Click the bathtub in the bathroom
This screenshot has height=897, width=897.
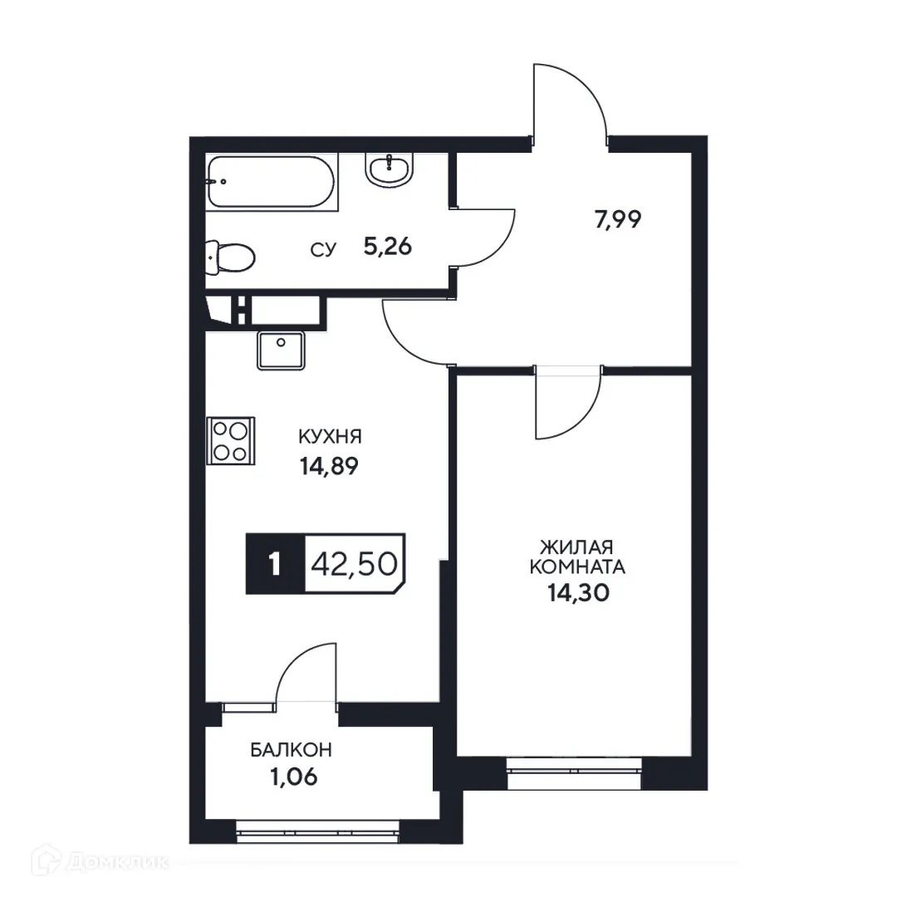pyautogui.click(x=271, y=182)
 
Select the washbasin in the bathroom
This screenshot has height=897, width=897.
pyautogui.click(x=388, y=169)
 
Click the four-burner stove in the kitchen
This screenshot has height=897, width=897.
pyautogui.click(x=230, y=440)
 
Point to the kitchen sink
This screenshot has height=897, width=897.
pyautogui.click(x=281, y=350)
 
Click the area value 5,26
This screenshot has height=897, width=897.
pyautogui.click(x=387, y=247)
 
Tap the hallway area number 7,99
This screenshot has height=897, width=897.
pyautogui.click(x=618, y=220)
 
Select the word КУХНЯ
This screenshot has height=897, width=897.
pyautogui.click(x=330, y=438)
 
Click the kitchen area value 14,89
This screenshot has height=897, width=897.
pyautogui.click(x=329, y=466)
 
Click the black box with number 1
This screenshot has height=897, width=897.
pyautogui.click(x=275, y=565)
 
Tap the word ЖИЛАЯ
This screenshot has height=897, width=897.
pyautogui.click(x=576, y=548)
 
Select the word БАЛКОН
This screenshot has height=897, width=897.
pyautogui.click(x=292, y=750)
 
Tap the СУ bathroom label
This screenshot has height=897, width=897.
pyautogui.click(x=323, y=248)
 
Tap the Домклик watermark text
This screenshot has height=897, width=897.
pyautogui.click(x=115, y=865)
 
